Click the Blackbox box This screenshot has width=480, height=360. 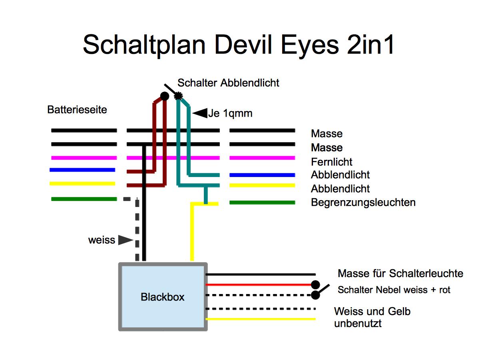(163, 297)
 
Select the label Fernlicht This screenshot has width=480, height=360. (331, 162)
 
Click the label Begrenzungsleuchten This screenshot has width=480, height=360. (363, 203)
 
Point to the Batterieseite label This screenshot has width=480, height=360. (77, 109)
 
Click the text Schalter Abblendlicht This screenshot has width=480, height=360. (228, 83)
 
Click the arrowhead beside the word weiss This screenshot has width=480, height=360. (126, 240)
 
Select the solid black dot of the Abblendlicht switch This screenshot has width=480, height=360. (164, 96)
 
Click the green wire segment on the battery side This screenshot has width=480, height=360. (84, 199)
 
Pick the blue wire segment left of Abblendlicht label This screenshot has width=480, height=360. (262, 175)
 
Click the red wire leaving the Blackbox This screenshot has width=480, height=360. (260, 285)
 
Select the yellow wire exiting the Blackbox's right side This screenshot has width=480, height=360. (260, 319)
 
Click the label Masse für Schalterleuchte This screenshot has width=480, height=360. (400, 274)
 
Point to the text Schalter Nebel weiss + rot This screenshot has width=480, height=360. (394, 290)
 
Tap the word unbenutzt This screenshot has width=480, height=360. (358, 323)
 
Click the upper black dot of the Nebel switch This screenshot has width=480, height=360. (315, 285)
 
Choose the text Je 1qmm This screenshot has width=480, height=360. (230, 113)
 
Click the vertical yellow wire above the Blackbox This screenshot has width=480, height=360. (192, 236)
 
